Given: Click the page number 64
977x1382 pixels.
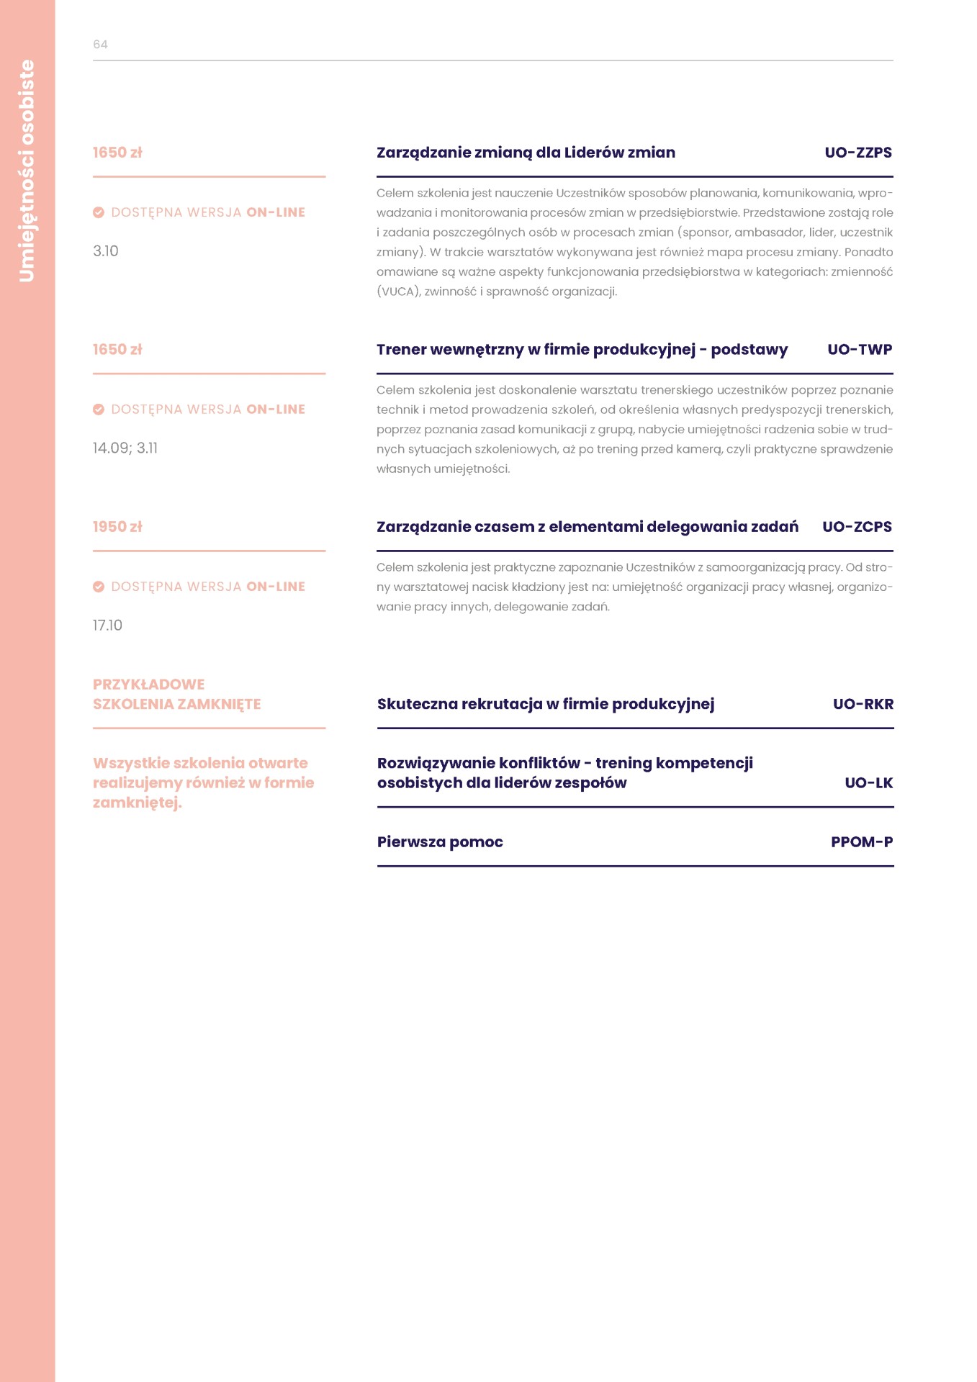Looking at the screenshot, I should pos(100,45).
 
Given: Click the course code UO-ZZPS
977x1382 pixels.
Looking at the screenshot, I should pos(857,153).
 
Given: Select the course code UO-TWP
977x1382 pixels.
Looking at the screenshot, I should pos(859,350).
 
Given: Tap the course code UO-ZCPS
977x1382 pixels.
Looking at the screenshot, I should pos(856,527).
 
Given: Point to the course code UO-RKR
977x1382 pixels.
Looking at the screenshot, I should pos(863,704).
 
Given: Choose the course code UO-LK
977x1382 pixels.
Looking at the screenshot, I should pos(868,783).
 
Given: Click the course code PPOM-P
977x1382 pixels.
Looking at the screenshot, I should pos(861,842).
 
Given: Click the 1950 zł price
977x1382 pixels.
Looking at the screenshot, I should pos(117,527).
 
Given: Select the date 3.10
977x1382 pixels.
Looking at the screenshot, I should pos(106,251).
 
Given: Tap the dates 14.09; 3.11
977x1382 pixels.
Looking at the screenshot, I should pos(125,448).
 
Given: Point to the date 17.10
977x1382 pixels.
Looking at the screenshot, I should pos(107,625).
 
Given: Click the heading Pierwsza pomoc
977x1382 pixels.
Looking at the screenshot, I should pos(440,842).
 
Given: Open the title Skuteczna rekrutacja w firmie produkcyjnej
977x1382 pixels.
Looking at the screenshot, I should pos(546,704).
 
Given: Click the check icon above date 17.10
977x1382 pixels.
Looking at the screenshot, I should pos(99,587).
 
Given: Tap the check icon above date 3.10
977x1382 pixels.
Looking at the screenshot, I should pos(99,212).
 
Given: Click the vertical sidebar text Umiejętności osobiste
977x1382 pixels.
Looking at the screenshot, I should pos(27,171).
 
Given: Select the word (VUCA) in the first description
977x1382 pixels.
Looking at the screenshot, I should pos(398,292).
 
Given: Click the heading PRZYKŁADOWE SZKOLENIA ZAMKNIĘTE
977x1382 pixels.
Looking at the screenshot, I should pos(176,695).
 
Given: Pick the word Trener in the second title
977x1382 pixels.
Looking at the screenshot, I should pos(400,350).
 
